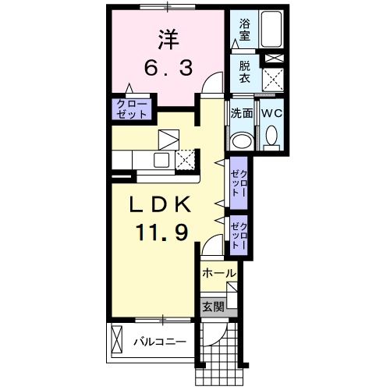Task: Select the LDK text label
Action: pyautogui.click(x=161, y=205)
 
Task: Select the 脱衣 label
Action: pyautogui.click(x=245, y=73)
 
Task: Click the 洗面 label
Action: pyautogui.click(x=242, y=113)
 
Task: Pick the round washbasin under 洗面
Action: pyautogui.click(x=242, y=140)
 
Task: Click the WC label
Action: pyautogui.click(x=271, y=113)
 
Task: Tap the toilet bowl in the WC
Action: pyautogui.click(x=271, y=139)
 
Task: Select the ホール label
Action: pyautogui.click(x=218, y=273)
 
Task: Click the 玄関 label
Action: pyautogui.click(x=214, y=306)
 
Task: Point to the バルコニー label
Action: pyautogui.click(x=159, y=342)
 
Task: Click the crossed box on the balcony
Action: pyautogui.click(x=117, y=339)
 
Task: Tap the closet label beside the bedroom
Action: pyautogui.click(x=131, y=108)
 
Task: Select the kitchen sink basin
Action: pyautogui.click(x=161, y=160)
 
